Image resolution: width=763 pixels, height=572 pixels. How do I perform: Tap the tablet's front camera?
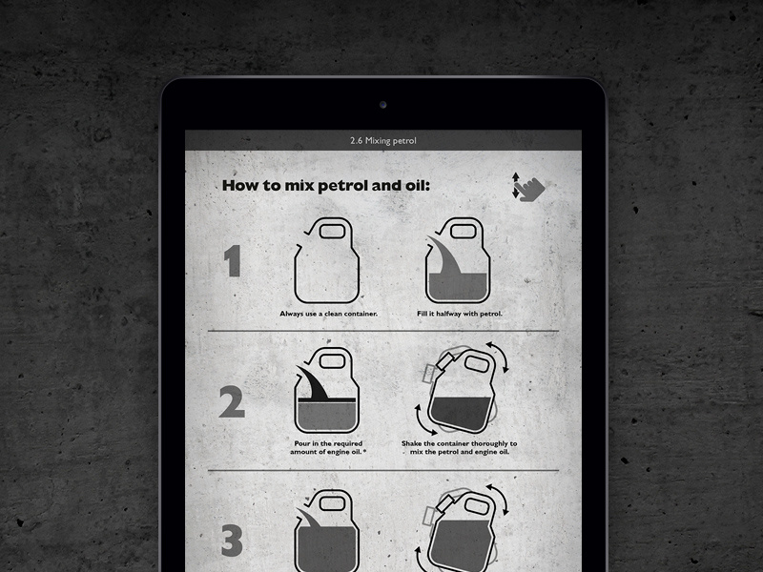point(383,105)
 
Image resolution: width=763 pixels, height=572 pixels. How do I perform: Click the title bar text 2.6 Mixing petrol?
point(383,140)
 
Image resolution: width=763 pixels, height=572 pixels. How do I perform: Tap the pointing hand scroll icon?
point(529,187)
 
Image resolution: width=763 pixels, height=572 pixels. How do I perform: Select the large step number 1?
point(233,260)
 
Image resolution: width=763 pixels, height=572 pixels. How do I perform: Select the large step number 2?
point(232,401)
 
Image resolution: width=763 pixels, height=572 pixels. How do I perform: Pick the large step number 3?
point(232,540)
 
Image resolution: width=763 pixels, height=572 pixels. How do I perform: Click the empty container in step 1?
point(326,260)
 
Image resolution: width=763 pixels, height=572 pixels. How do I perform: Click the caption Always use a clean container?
point(328,314)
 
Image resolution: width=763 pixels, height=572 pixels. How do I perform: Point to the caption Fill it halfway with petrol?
point(460,314)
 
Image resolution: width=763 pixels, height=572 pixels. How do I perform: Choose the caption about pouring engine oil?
point(328,447)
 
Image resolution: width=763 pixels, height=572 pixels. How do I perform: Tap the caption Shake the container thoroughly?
point(460,447)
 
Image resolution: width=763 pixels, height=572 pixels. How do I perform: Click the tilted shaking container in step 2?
point(460,391)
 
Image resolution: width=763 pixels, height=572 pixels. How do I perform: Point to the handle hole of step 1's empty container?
point(332,232)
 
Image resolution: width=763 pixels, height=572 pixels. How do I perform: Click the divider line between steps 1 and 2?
point(383,331)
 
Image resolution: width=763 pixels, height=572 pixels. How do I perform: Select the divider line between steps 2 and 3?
point(383,470)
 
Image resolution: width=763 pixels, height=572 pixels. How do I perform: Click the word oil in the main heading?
point(418,185)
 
